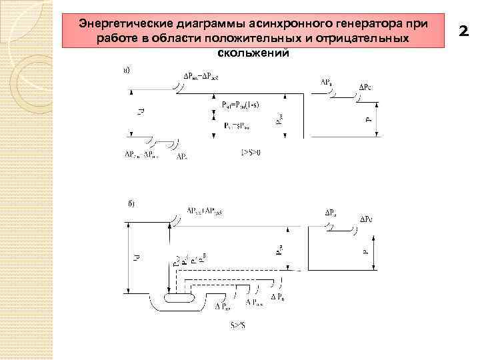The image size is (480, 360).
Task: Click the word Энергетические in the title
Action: point(117,23)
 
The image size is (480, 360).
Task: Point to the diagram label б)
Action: point(131,203)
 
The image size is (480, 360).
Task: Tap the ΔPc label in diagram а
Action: point(367,87)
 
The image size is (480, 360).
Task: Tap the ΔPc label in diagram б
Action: point(367,219)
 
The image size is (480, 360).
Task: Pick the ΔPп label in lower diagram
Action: point(279,295)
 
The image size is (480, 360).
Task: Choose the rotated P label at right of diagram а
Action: point(367,120)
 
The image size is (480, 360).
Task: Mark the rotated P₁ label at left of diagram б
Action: point(133,257)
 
